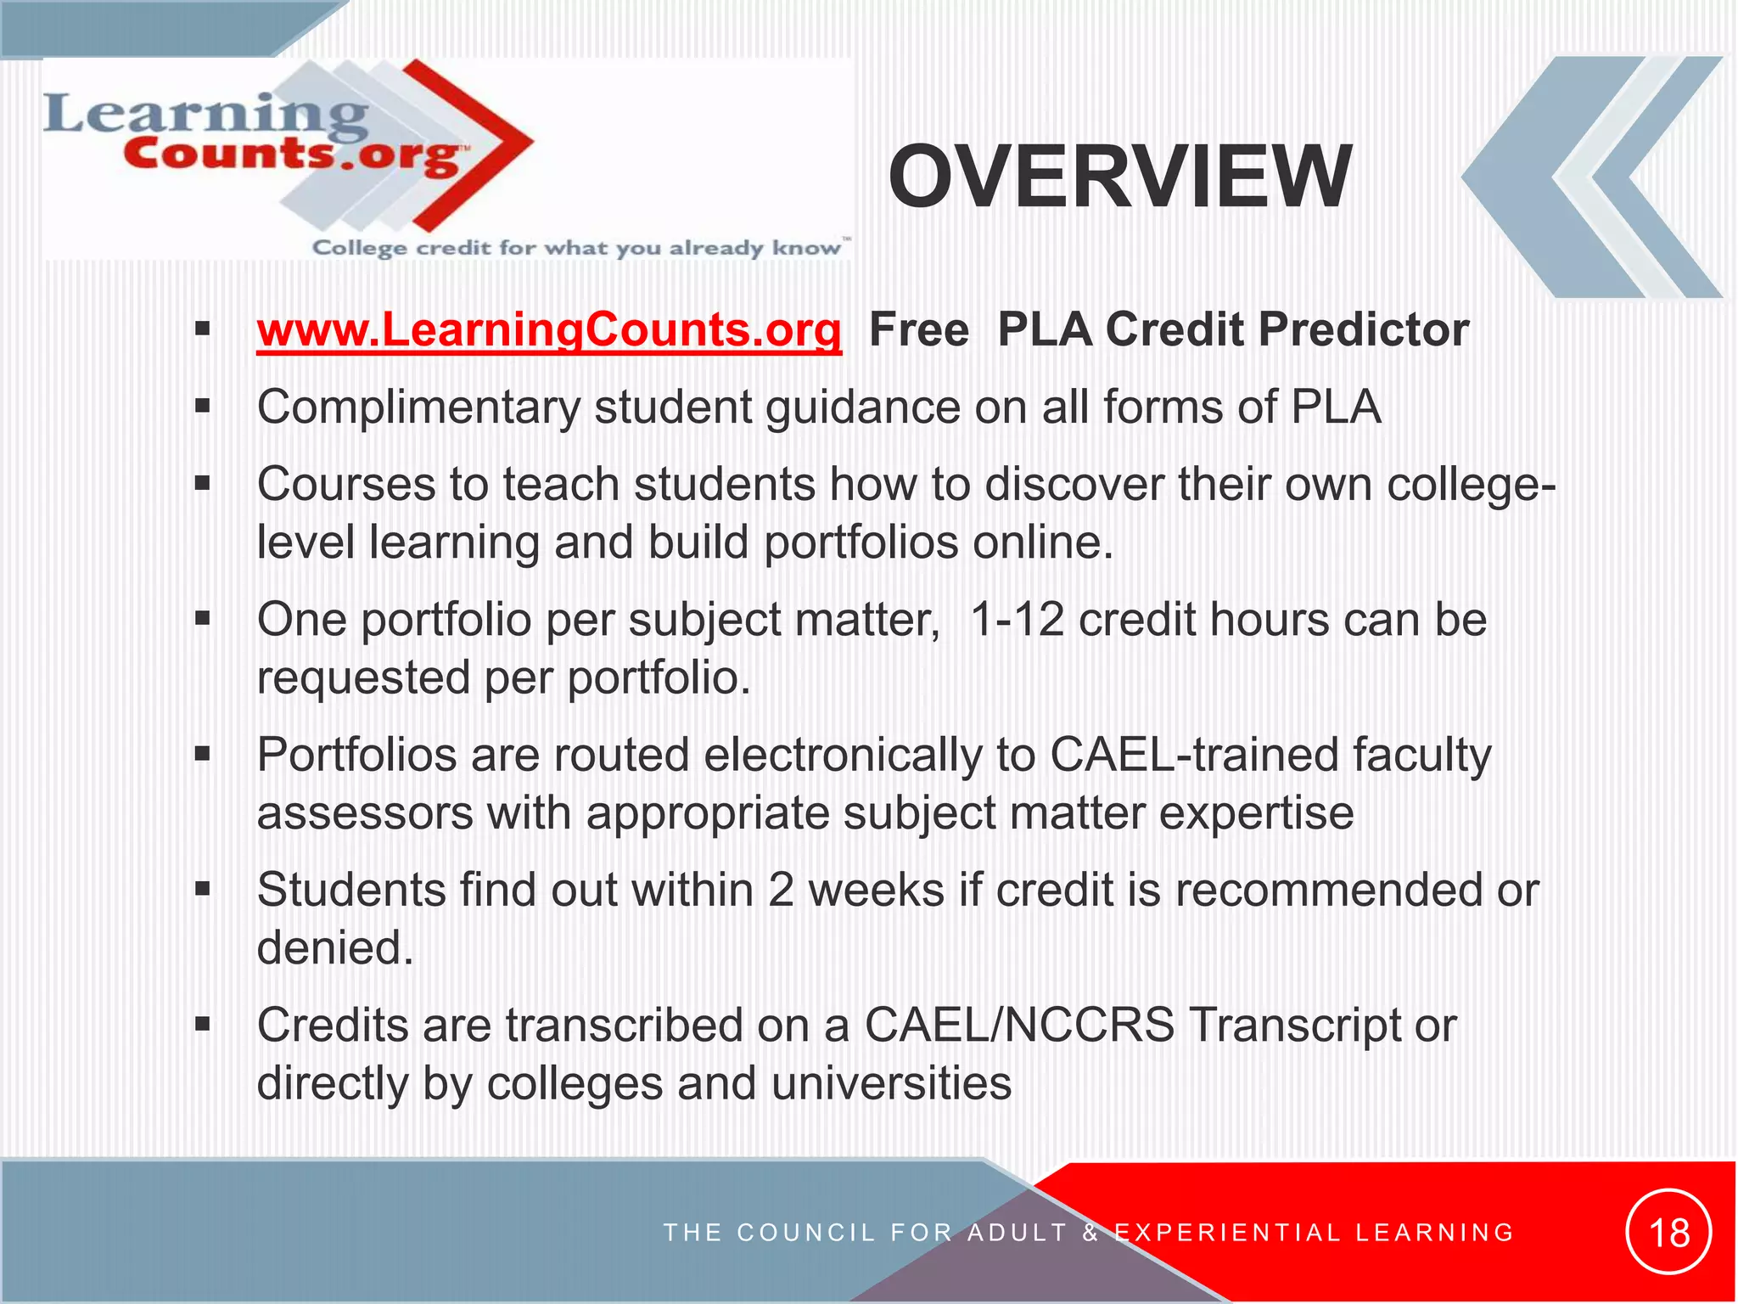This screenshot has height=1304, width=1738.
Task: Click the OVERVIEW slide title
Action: pos(1119,177)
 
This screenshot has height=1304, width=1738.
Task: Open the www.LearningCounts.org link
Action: pos(549,329)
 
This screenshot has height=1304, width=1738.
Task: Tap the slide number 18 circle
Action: pos(1668,1232)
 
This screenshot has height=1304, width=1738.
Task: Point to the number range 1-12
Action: pos(1017,620)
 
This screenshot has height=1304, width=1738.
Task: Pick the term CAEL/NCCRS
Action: pos(1019,1025)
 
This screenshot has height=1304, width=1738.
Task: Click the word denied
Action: pos(334,948)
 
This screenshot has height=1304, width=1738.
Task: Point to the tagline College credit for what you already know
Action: pos(580,248)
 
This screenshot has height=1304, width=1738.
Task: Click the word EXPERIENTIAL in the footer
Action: pos(1227,1233)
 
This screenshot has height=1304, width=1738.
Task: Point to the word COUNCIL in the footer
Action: pos(806,1233)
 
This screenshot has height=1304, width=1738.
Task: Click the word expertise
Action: pos(1256,813)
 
